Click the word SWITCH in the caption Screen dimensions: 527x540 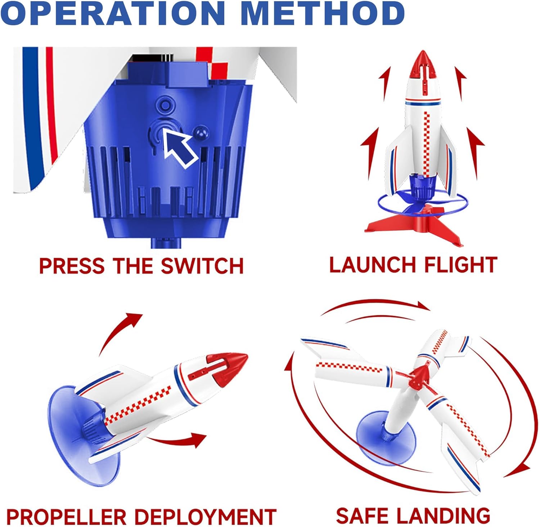point(202,266)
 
